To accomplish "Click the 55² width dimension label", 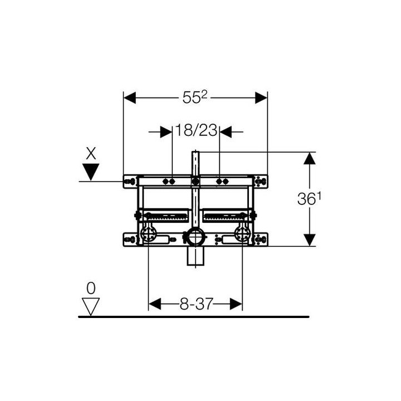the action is [x=194, y=97].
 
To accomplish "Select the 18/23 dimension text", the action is [x=196, y=130].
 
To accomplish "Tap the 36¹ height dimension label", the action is [x=309, y=198].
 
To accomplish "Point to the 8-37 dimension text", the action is [x=196, y=304].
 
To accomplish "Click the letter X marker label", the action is [x=91, y=154].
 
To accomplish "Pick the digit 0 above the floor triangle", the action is [x=91, y=288].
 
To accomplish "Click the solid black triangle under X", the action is [x=91, y=172].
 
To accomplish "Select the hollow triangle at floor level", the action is [x=91, y=307].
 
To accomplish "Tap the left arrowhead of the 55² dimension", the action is [x=130, y=97].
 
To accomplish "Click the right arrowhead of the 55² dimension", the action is [x=261, y=97].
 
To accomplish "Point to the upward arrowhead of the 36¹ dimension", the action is [x=310, y=158].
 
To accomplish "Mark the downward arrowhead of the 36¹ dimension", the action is [x=310, y=240].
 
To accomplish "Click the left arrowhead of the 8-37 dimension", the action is [x=155, y=304].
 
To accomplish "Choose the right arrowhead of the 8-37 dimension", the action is [x=236, y=304].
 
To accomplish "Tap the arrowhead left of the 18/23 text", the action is [x=166, y=132].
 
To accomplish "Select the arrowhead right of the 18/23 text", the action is [x=226, y=132].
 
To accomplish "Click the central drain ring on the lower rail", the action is [x=195, y=237].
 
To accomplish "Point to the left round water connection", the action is [x=148, y=233].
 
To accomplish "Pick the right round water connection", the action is [x=242, y=233].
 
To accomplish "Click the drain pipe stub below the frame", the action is [x=195, y=256].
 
